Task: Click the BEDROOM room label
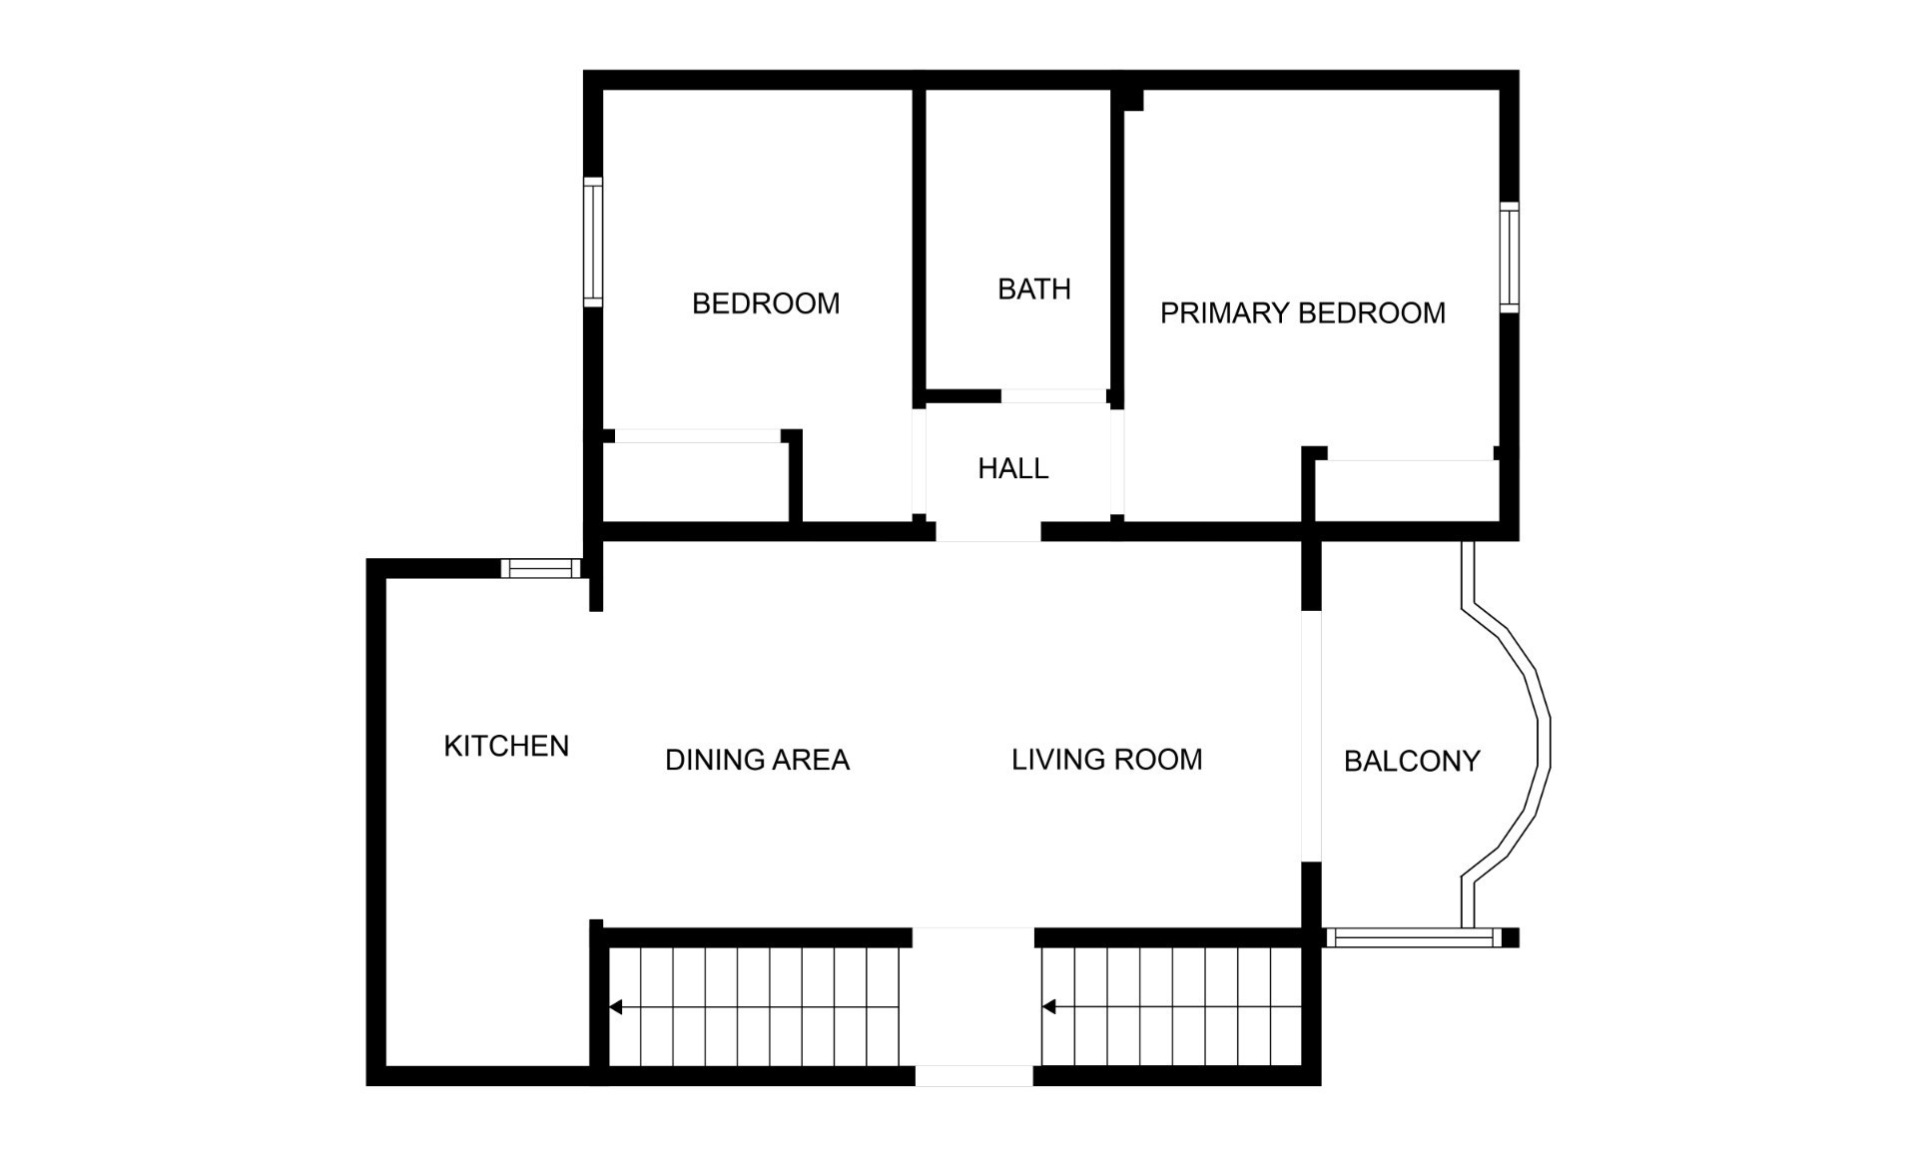[x=766, y=303]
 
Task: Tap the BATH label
[x=1034, y=289]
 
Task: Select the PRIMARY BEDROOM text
[x=1303, y=313]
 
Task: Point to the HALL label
[x=1013, y=468]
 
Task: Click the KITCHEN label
[x=506, y=746]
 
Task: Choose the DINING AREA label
[x=757, y=760]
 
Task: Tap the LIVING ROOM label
[x=1107, y=760]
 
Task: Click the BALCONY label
[x=1412, y=762]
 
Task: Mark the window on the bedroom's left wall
[x=593, y=242]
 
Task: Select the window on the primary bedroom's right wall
[x=1510, y=258]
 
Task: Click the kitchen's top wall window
[x=540, y=569]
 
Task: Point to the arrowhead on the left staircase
[x=616, y=1007]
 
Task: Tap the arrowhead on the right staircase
[x=1048, y=1007]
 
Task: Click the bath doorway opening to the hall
[x=1053, y=396]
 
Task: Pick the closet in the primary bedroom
[x=1407, y=491]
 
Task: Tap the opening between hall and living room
[x=988, y=531]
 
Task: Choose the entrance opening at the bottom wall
[x=974, y=1076]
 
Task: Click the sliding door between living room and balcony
[x=1311, y=736]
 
